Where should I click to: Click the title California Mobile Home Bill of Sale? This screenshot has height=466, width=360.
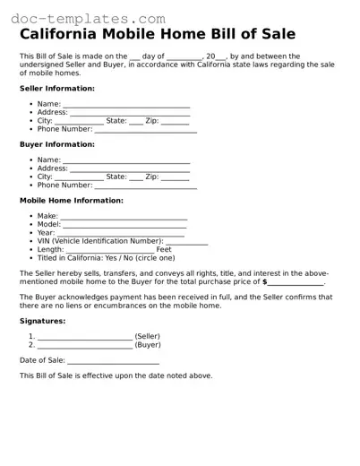click(x=157, y=34)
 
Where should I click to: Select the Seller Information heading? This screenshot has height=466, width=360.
click(x=57, y=89)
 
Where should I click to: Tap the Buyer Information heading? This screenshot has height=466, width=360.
click(x=57, y=144)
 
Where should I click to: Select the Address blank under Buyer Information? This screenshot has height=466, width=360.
click(x=130, y=168)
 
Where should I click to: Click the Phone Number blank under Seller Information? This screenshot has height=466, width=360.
click(x=145, y=130)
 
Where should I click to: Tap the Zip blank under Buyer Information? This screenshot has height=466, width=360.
click(x=175, y=177)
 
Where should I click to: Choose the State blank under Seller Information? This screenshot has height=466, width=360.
click(x=136, y=122)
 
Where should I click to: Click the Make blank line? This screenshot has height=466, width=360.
click(x=124, y=217)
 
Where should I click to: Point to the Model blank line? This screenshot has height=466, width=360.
click(x=125, y=225)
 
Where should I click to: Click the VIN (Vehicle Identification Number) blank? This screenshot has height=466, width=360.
click(x=186, y=242)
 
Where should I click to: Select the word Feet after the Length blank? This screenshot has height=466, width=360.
click(x=164, y=250)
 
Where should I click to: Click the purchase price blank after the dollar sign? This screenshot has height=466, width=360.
click(x=296, y=282)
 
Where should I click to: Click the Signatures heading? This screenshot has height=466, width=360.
click(x=42, y=321)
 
